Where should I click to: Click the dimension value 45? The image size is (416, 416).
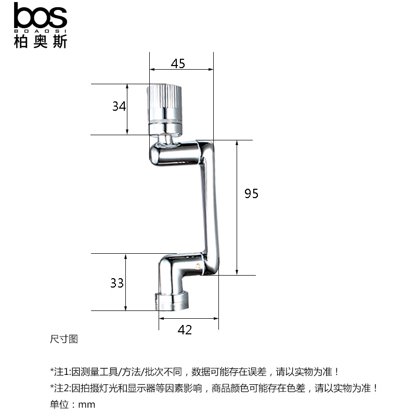click(178, 63)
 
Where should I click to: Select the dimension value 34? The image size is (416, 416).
click(119, 107)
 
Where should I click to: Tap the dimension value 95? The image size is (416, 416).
click(251, 193)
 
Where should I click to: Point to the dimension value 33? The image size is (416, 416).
click(117, 283)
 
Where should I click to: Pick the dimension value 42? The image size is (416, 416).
click(185, 330)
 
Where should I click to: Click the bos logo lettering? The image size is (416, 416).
click(41, 17)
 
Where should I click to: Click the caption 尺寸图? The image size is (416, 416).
click(63, 339)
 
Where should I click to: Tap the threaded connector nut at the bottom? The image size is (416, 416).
click(173, 301)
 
